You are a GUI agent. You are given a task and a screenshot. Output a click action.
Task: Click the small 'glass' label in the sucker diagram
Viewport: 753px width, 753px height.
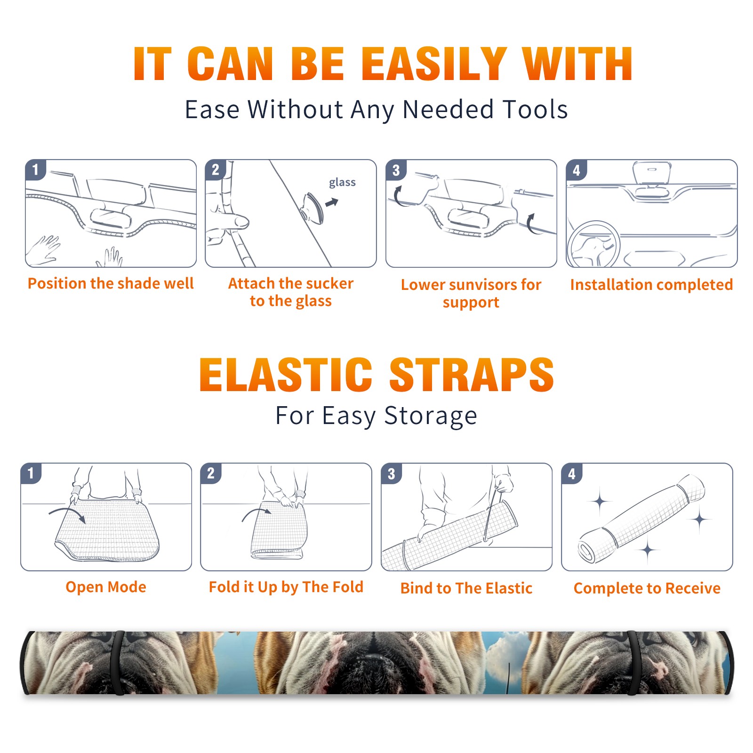click(342, 183)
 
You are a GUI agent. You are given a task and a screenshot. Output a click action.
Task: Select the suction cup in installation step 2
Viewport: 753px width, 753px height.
click(312, 208)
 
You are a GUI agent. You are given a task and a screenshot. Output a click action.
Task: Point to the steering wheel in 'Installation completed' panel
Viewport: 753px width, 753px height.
click(593, 244)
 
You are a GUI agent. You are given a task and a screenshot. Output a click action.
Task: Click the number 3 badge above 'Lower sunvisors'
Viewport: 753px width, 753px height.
click(396, 170)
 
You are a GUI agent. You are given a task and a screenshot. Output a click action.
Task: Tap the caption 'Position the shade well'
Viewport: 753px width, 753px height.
click(111, 283)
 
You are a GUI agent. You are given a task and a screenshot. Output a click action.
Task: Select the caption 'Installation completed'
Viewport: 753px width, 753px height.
click(651, 285)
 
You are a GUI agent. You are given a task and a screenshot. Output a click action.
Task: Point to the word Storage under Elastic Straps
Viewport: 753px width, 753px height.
click(431, 416)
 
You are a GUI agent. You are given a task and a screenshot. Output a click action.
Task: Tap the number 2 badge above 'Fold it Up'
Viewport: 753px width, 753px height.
click(210, 473)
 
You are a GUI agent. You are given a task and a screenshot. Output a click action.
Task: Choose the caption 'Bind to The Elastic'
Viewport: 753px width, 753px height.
click(466, 588)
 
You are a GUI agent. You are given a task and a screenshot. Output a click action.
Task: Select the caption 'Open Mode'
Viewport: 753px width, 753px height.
click(106, 587)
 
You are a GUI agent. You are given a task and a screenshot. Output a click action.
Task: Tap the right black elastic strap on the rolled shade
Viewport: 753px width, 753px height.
click(633, 663)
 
